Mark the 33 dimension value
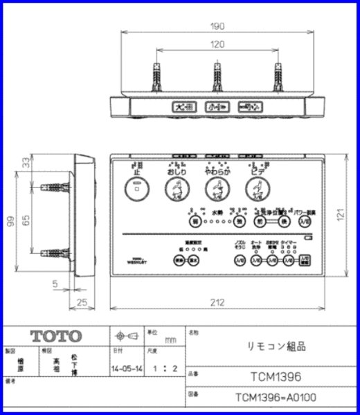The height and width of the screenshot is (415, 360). coord(26,163)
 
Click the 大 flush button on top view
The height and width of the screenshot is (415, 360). coord(181,107)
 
